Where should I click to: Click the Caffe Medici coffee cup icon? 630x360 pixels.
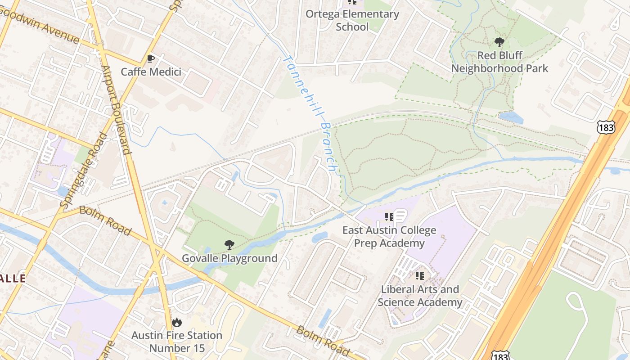click(x=151, y=58)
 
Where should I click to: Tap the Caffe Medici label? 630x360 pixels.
click(x=151, y=72)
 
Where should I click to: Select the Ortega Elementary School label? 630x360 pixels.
click(x=352, y=20)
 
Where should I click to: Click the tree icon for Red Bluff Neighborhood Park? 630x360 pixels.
click(x=499, y=43)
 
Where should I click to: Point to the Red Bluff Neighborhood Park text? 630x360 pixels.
click(x=499, y=62)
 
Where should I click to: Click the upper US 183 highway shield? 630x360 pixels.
click(x=606, y=127)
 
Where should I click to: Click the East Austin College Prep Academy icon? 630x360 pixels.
click(x=389, y=217)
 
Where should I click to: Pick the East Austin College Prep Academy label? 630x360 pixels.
click(x=389, y=237)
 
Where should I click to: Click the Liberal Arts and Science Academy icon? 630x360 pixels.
click(x=420, y=275)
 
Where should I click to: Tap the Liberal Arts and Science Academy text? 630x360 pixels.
click(x=420, y=296)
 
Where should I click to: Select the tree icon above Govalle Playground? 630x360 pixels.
click(x=229, y=245)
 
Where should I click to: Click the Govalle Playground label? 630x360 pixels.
click(x=229, y=258)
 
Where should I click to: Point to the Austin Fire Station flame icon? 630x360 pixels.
click(x=176, y=322)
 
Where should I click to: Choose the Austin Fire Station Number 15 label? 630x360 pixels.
click(x=177, y=342)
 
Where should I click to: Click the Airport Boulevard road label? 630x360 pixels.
click(x=117, y=110)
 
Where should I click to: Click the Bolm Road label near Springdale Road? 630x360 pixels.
click(x=105, y=220)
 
